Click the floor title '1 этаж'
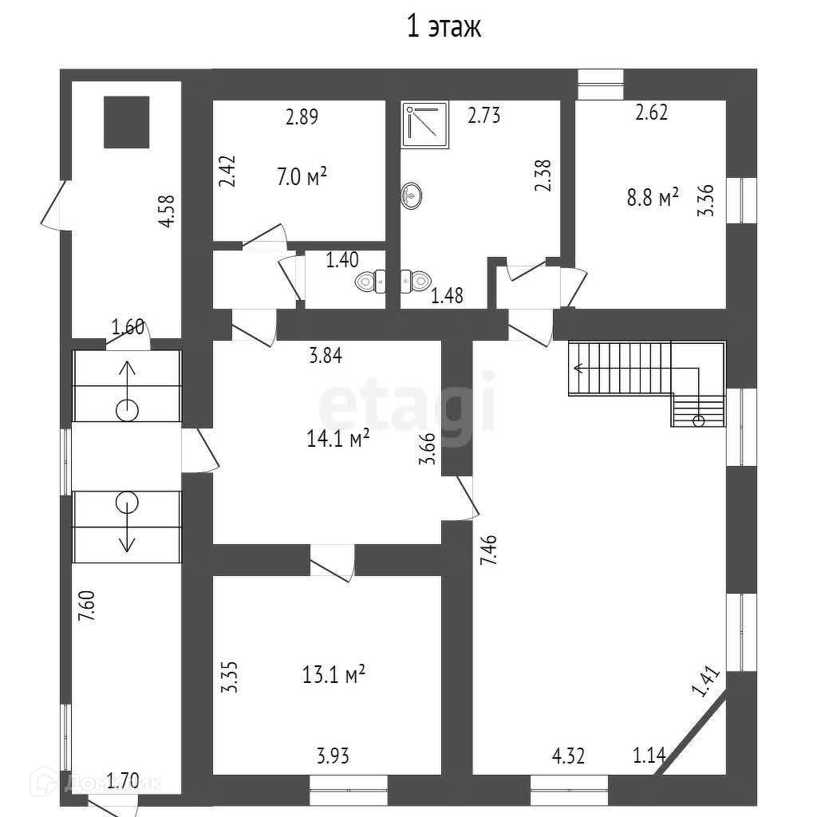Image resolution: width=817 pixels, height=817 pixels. coord(444,27)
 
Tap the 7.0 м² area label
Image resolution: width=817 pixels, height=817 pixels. coord(302,177)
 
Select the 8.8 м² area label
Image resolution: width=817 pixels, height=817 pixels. coord(653,197)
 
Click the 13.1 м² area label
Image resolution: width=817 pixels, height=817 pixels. coord(334,676)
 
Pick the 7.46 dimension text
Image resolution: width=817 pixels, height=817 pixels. coord(489,551)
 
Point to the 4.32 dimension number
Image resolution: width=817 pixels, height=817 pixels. coord(569,755)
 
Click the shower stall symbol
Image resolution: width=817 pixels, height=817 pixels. coord(426,124)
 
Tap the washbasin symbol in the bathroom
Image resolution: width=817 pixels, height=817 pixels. coord(412,195)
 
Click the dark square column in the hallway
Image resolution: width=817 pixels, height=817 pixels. coord(127,121)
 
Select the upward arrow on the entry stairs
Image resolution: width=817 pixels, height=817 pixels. coord(127,381)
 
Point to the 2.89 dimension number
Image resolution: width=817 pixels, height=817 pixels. coord(302,116)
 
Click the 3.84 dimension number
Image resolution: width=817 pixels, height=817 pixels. coord(326,357)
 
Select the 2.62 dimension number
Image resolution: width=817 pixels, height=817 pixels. coord(651,112)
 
